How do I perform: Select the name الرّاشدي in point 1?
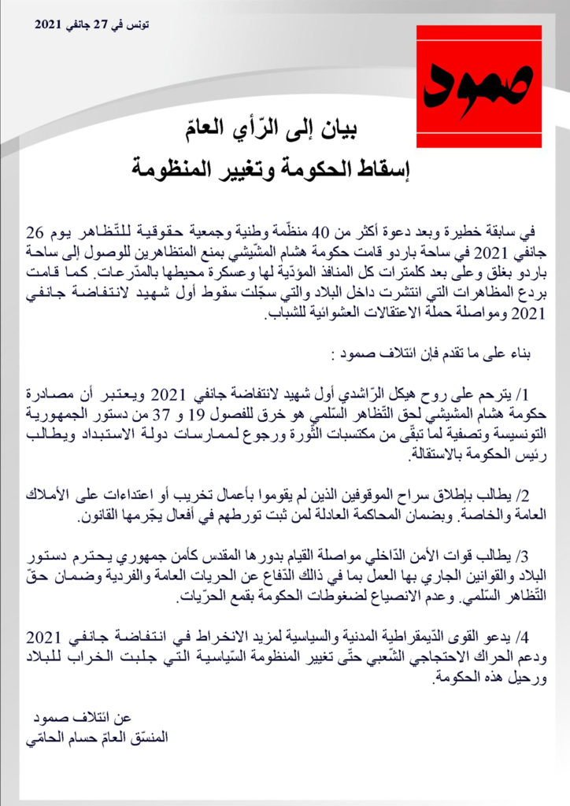[394, 393]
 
